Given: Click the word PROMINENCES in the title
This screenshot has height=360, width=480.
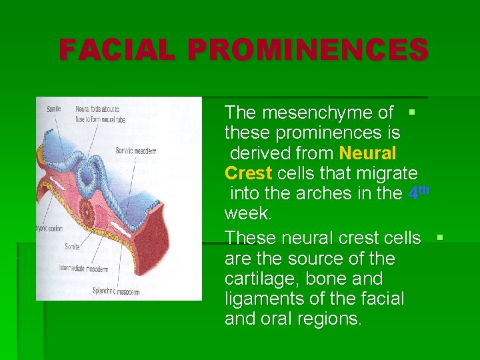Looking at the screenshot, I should (307, 50).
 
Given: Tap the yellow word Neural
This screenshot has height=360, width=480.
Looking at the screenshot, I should (367, 153).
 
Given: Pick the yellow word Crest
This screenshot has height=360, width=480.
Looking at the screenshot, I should (248, 173).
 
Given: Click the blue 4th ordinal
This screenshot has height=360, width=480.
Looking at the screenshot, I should (418, 193).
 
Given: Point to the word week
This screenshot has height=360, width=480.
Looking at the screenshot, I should (247, 214).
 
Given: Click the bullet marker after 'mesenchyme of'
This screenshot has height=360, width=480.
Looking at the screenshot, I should (411, 111).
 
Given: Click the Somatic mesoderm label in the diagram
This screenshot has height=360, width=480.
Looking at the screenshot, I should (135, 151).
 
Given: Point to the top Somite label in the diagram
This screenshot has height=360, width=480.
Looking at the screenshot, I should (53, 109).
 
